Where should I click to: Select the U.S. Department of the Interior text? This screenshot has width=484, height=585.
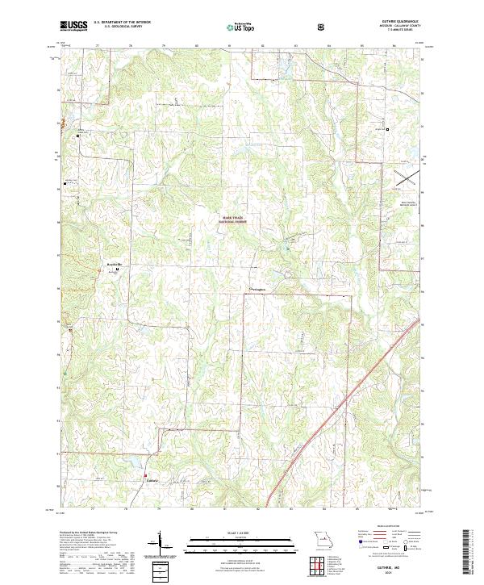click(122, 22)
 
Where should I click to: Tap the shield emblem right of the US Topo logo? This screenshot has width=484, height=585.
click(323, 26)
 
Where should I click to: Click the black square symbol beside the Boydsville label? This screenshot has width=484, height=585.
click(118, 270)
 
